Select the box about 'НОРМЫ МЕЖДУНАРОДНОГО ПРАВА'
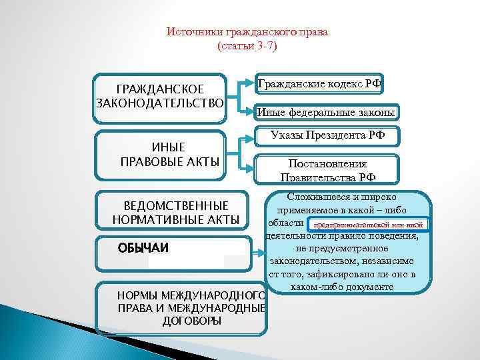(x=181, y=308)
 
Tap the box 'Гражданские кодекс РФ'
(x=319, y=84)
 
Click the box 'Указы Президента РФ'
(x=327, y=136)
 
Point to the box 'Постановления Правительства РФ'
(x=327, y=170)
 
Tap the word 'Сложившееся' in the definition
(x=317, y=197)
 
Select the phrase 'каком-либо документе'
(x=343, y=287)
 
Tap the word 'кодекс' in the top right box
(x=346, y=84)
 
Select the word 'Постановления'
(x=327, y=163)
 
